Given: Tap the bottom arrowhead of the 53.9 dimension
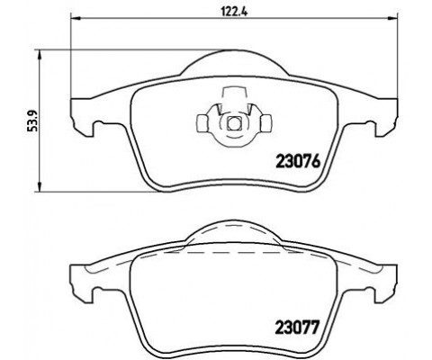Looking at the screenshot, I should [x=37, y=186].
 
